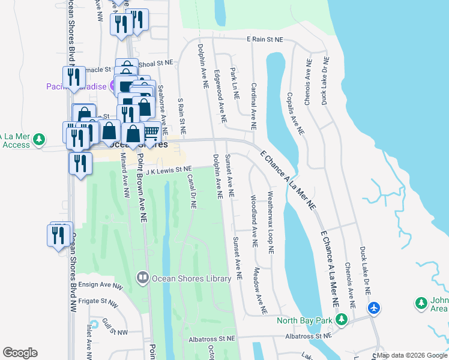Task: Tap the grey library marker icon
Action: [143, 278]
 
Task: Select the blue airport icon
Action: [374, 308]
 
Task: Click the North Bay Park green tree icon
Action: [342, 319]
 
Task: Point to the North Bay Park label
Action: [304, 320]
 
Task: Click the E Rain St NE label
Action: [265, 40]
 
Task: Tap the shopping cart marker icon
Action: [151, 131]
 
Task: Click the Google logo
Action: [20, 353]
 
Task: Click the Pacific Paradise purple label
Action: [76, 86]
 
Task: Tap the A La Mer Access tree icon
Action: [40, 139]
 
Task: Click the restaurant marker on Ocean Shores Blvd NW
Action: [58, 235]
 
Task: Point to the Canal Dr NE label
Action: [193, 191]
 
